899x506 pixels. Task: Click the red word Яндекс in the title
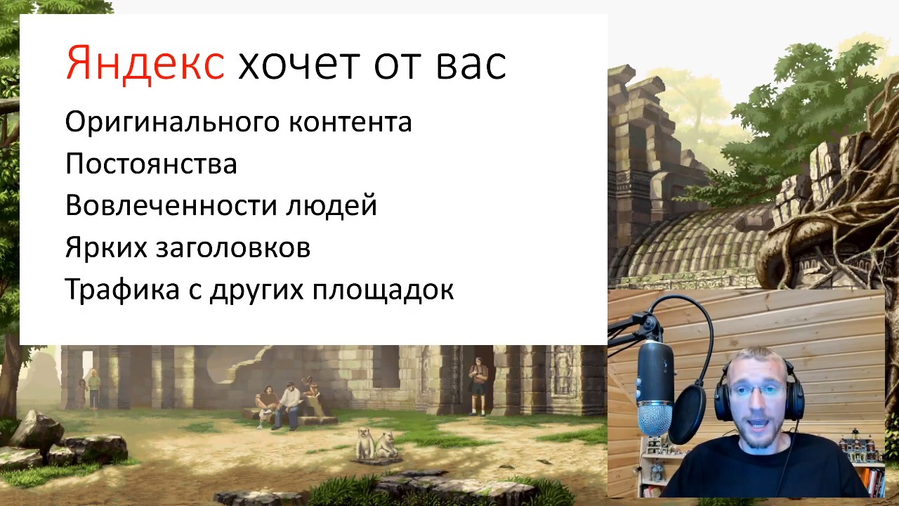click(145, 63)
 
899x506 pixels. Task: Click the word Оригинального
click(172, 122)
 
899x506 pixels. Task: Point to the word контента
click(350, 122)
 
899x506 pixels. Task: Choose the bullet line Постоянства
click(151, 164)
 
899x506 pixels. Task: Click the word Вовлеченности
click(171, 205)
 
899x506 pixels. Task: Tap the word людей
click(332, 207)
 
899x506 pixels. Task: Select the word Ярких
click(106, 247)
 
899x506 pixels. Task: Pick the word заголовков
click(233, 248)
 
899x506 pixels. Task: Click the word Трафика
click(122, 289)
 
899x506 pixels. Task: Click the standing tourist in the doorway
click(478, 387)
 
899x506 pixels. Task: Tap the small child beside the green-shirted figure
click(82, 394)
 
